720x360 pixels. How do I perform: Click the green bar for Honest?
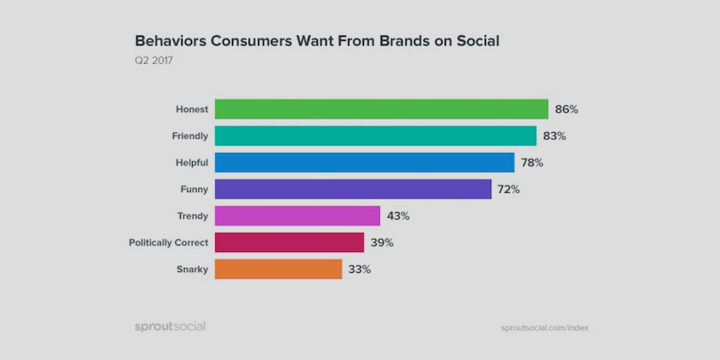pyautogui.click(x=381, y=109)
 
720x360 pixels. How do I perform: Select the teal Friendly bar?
pyautogui.click(x=375, y=136)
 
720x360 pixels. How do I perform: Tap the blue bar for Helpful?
pyautogui.click(x=364, y=162)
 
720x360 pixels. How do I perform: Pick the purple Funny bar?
pyautogui.click(x=353, y=189)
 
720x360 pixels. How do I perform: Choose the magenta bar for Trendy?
pyautogui.click(x=297, y=216)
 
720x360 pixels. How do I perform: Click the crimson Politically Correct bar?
pyautogui.click(x=290, y=242)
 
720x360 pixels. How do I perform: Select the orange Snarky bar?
pyautogui.click(x=278, y=269)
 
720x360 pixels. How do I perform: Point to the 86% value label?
pyautogui.click(x=566, y=109)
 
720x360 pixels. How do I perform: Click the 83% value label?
pyautogui.click(x=554, y=136)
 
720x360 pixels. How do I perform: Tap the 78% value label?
pyautogui.click(x=532, y=162)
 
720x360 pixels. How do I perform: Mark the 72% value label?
pyautogui.click(x=509, y=190)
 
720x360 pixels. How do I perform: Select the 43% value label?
pyautogui.click(x=398, y=216)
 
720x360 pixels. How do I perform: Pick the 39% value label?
pyautogui.click(x=382, y=242)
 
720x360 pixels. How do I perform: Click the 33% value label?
pyautogui.click(x=359, y=269)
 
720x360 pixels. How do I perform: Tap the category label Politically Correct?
pyautogui.click(x=169, y=242)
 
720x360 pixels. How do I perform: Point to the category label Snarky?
pyautogui.click(x=192, y=269)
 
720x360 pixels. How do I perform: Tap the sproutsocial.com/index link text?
pyautogui.click(x=545, y=327)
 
